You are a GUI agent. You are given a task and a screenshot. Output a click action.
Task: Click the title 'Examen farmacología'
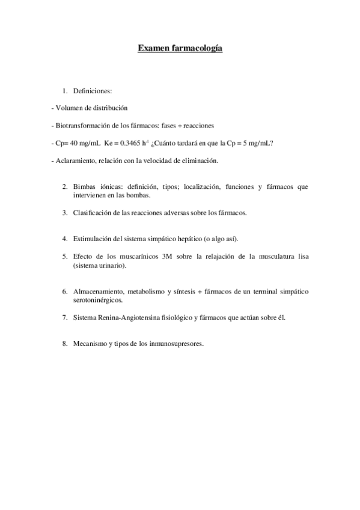(x=180, y=48)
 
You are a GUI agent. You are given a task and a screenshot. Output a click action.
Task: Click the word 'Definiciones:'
(x=93, y=91)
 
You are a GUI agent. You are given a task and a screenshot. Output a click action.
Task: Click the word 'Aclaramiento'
(x=74, y=161)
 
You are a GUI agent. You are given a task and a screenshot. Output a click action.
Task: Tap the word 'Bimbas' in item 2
(x=85, y=187)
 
